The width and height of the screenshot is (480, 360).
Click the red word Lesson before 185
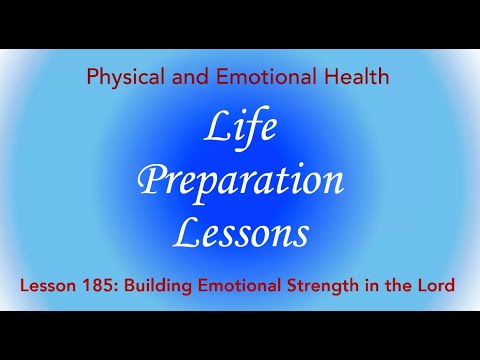[x=49, y=286]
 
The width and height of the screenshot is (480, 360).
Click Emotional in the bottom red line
[x=241, y=286]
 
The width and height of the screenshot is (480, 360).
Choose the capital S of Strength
[x=297, y=286]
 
